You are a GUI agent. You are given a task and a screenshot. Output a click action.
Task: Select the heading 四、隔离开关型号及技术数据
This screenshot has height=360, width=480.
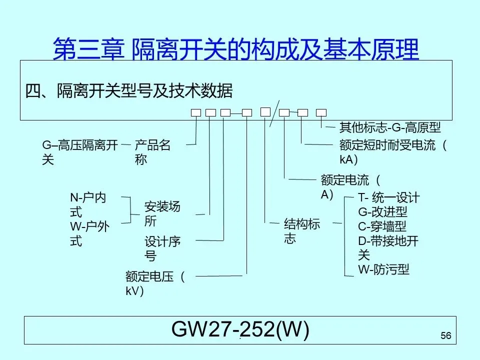(128, 91)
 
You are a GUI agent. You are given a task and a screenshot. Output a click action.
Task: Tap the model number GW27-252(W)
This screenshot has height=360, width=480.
(240, 329)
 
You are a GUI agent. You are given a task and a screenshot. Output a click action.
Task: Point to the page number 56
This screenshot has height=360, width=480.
(446, 336)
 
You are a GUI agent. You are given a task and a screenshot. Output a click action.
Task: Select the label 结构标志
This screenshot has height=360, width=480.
(301, 231)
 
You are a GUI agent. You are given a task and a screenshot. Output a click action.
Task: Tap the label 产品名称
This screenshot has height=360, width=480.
(152, 152)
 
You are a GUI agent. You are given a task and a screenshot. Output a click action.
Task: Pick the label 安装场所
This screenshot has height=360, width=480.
(162, 213)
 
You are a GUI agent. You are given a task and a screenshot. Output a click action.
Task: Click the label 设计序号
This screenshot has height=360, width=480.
(162, 248)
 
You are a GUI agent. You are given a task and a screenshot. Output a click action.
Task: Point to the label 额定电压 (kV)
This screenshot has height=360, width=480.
(155, 283)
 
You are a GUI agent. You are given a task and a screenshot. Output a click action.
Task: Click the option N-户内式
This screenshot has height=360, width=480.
(87, 205)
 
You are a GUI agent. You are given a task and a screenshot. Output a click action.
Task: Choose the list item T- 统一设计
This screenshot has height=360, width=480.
(388, 197)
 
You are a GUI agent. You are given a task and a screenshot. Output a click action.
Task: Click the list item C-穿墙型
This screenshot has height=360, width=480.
(382, 226)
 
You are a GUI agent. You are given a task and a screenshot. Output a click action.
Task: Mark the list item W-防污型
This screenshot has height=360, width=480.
(383, 270)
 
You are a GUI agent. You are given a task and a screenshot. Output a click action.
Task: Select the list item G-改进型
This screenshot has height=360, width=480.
(382, 212)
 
